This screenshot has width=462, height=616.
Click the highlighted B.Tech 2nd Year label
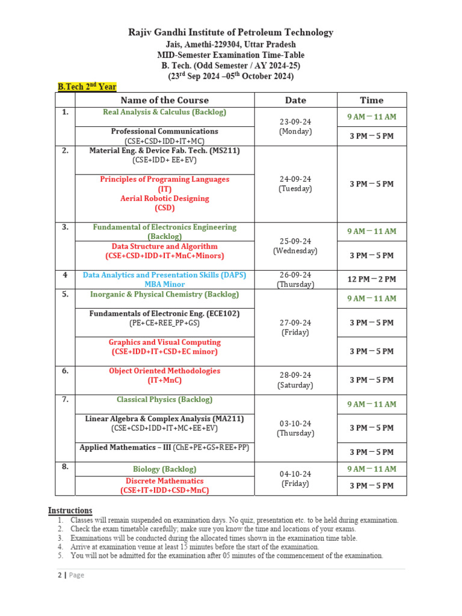click(x=87, y=87)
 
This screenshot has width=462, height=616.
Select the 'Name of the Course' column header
click(x=164, y=100)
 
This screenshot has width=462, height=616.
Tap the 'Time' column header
click(x=371, y=100)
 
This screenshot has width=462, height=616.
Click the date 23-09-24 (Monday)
click(x=295, y=126)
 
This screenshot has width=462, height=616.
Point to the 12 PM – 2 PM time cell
click(x=371, y=279)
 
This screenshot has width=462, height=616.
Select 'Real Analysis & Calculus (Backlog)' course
click(x=164, y=112)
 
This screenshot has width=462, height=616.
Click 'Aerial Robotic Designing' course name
click(x=164, y=199)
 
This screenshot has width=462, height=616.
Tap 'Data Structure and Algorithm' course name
click(x=164, y=247)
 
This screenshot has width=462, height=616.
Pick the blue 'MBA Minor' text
click(x=164, y=285)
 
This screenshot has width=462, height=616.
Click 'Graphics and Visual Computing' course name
click(x=164, y=342)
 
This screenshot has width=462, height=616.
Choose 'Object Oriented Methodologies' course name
click(x=164, y=371)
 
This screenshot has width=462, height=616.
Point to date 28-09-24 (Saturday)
click(x=295, y=380)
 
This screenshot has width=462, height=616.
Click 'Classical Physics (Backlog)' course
click(x=164, y=399)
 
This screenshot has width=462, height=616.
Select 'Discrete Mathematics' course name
click(x=164, y=481)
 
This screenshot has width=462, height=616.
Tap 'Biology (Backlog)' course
click(x=164, y=469)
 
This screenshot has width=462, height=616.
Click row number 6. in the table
click(x=65, y=371)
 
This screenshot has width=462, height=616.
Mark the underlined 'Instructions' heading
click(x=70, y=511)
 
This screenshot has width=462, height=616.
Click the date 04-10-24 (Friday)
click(x=295, y=478)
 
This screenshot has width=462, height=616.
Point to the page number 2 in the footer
click(x=59, y=575)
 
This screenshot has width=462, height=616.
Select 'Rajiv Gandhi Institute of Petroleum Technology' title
click(x=230, y=32)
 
